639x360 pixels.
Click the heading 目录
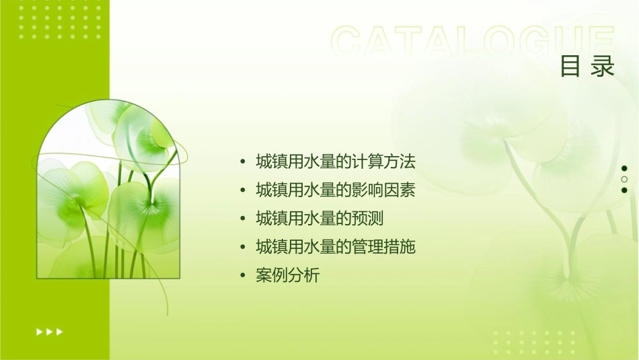[x=587, y=66]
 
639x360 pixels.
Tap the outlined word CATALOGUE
[x=473, y=42]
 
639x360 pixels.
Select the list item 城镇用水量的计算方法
[x=336, y=162]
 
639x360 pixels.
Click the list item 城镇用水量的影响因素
[x=336, y=190]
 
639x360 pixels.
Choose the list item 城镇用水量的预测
[x=319, y=219]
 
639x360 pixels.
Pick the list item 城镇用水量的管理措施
[x=336, y=247]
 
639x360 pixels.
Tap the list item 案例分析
[x=288, y=275]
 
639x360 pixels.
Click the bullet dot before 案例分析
[x=243, y=275]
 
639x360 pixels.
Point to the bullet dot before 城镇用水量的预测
[x=243, y=219]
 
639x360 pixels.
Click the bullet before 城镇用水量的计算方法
[x=243, y=162]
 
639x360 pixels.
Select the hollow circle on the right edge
[x=624, y=179]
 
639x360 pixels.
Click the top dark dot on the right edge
[x=624, y=168]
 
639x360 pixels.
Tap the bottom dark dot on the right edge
[x=624, y=190]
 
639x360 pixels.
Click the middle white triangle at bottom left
[x=49, y=331]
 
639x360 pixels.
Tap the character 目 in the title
[x=570, y=66]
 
